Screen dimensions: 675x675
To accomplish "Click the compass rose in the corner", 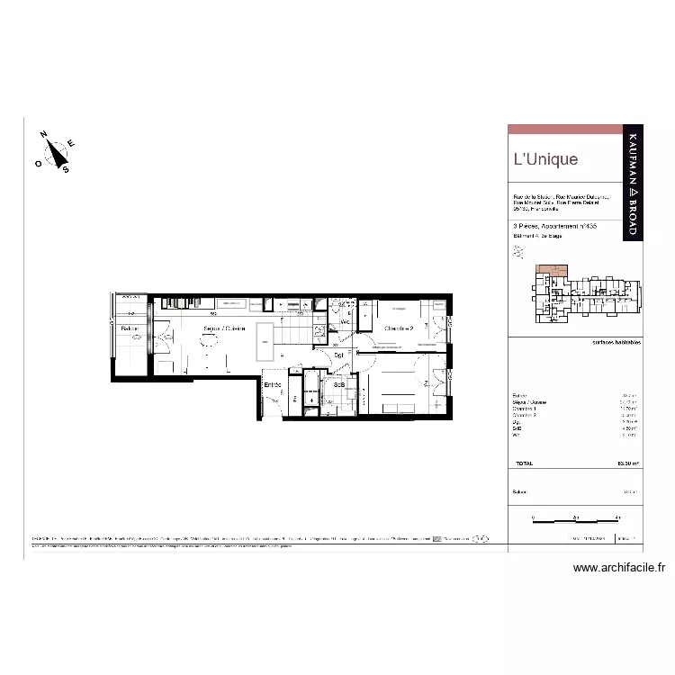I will (x=56, y=152).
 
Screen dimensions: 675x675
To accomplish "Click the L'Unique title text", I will (x=545, y=160).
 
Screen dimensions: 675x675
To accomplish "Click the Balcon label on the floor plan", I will (x=130, y=329).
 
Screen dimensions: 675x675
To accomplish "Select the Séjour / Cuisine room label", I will (x=224, y=328).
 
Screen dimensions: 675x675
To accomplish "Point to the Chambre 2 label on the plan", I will (x=398, y=328).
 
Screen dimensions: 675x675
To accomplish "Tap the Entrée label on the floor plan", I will (x=273, y=385).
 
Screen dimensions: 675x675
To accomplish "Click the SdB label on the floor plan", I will (x=339, y=385).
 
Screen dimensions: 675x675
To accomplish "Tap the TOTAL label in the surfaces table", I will (x=523, y=463).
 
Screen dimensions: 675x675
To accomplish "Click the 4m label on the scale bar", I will (x=617, y=517).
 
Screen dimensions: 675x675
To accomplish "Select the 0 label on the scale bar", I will (x=533, y=517).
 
